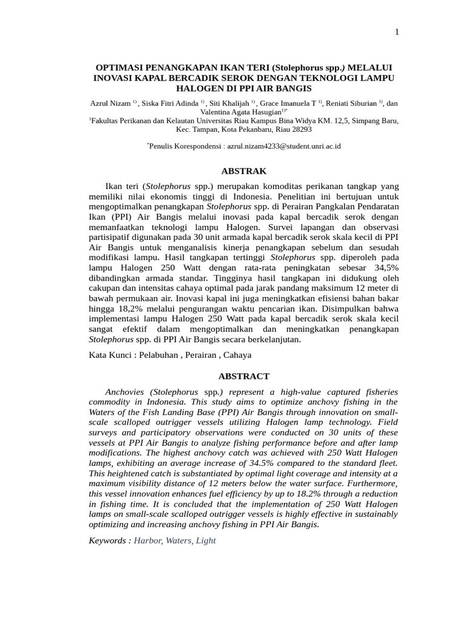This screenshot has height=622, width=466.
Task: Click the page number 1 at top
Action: [397, 33]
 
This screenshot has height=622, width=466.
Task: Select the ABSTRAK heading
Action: [243, 171]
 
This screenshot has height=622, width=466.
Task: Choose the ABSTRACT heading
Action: [243, 377]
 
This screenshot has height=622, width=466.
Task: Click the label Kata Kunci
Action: [112, 355]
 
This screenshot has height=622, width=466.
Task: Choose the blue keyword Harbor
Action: [147, 540]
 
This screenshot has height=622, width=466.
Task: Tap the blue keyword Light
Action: [205, 540]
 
